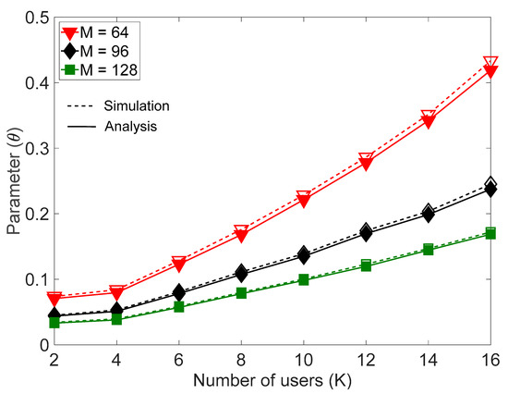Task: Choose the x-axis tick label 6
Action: point(153,358)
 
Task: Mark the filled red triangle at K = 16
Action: point(490,71)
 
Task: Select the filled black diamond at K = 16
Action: point(490,190)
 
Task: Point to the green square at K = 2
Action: point(54,323)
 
